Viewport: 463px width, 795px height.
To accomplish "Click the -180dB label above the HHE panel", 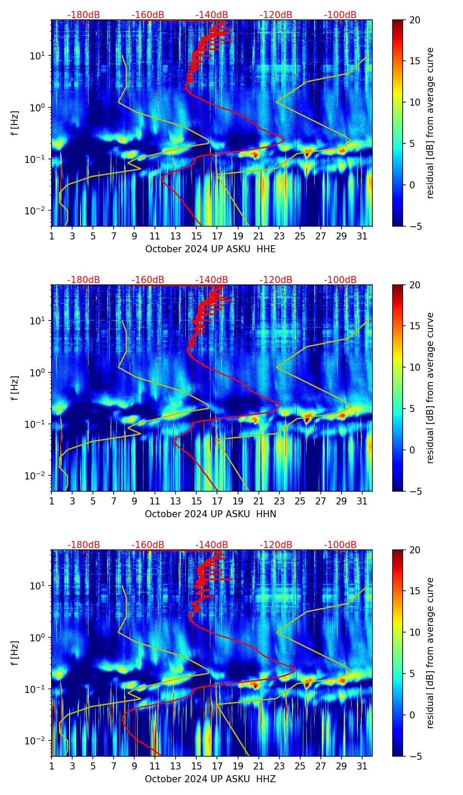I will [84, 15].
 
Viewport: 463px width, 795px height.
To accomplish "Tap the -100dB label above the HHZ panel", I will [340, 545].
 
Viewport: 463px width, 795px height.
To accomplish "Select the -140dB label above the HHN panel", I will [212, 280].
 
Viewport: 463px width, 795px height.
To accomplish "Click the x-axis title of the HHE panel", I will [210, 249].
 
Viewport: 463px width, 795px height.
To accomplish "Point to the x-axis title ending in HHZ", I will [210, 779].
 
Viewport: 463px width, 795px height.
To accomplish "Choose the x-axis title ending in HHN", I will [210, 514].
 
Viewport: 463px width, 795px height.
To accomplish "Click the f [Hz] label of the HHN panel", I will [15, 388].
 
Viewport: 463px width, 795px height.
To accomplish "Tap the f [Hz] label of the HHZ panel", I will [15, 653].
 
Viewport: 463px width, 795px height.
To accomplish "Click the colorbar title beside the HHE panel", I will [430, 123].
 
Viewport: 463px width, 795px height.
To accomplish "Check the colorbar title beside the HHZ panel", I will [430, 653].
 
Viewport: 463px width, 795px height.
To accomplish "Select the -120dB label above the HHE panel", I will [276, 15].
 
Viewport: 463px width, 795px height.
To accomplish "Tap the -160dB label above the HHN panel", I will [148, 280].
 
